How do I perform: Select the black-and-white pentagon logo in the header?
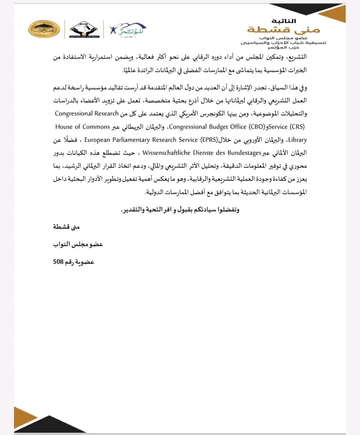(84, 30)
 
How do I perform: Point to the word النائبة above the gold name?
(284, 21)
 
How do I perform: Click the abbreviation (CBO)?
(257, 127)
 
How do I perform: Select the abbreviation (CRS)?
(297, 127)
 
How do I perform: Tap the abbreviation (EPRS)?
(209, 140)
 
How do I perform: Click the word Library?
(297, 140)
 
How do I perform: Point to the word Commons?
(96, 127)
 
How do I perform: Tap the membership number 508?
(58, 262)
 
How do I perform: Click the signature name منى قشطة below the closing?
(66, 227)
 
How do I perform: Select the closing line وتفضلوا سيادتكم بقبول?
(180, 210)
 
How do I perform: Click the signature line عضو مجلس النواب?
(78, 244)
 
